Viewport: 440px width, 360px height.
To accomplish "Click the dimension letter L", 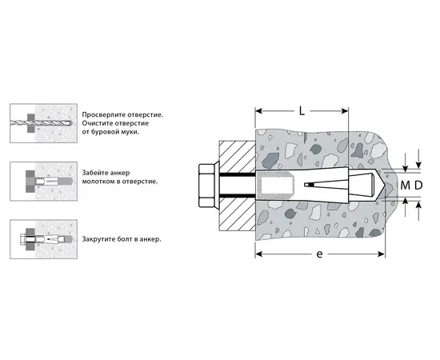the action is point(302,111).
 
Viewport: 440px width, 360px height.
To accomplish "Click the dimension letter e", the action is point(319,254).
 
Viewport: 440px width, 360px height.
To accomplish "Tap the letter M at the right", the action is point(405,185).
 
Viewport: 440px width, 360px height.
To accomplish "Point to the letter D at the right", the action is point(418,185).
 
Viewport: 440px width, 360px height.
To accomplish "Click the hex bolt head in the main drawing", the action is point(206,186).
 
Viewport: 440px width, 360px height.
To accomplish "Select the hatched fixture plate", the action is point(237,186).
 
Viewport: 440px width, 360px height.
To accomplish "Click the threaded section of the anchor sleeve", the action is point(275,186).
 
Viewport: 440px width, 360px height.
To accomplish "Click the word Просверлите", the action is point(104,114).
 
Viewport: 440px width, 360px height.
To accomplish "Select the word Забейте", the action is point(95,173).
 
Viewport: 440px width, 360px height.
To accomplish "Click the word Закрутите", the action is point(95,239).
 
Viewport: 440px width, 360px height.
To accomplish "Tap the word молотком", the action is point(98,182).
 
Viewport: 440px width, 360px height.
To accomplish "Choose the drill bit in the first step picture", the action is point(41,122).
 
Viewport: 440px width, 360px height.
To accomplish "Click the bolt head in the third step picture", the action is point(23,239).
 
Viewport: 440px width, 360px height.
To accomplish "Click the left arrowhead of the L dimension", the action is point(258,111).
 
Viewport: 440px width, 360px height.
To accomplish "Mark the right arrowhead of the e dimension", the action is point(382,254).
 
